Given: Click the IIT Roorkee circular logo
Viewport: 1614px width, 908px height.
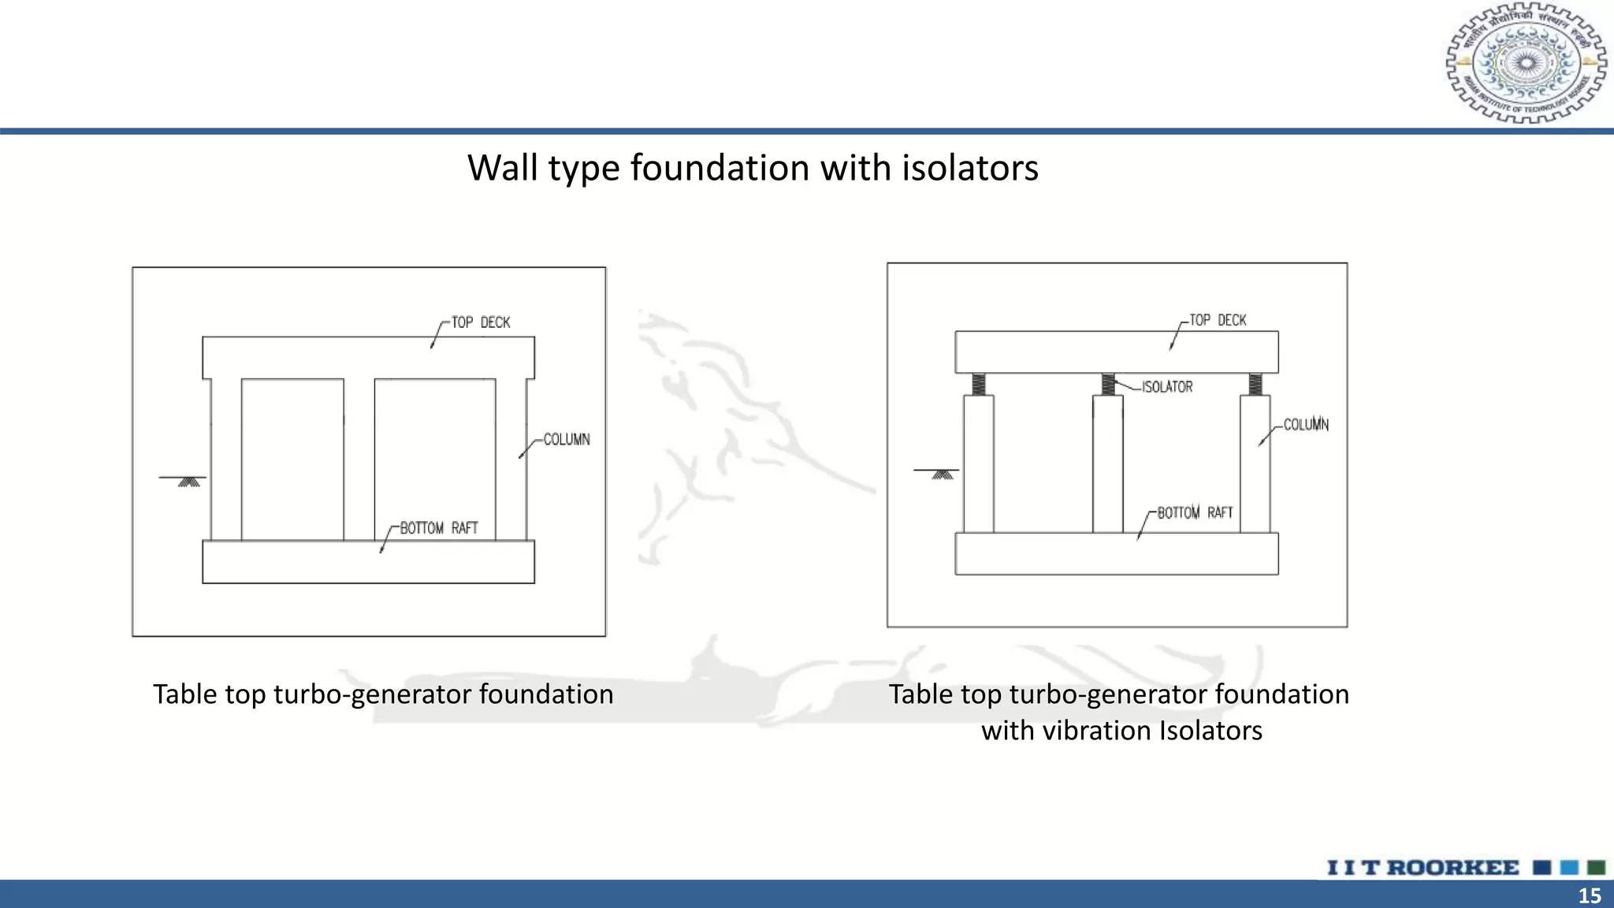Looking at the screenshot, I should click(1526, 63).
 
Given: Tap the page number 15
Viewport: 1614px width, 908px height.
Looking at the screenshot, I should click(1590, 895).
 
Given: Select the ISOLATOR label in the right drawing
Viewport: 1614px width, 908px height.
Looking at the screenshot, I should click(1167, 387).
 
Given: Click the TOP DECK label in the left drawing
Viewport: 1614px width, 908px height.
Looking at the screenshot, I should click(480, 322).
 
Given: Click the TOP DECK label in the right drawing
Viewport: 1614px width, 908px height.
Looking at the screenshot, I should click(1218, 320).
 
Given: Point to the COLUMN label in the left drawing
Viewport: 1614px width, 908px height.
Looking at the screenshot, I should click(566, 440).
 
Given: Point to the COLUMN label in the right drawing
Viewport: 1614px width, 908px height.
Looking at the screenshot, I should click(1306, 425).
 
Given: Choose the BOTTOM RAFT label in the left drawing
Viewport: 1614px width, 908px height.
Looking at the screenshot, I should click(439, 528).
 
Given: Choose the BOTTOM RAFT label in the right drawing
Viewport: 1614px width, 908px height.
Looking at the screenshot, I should click(1195, 513).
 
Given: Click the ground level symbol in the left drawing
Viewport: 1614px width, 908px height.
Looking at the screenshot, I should click(188, 481).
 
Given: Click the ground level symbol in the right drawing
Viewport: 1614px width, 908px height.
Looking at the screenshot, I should click(941, 474).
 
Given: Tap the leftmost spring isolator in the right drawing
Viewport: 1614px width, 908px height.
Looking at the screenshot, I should click(978, 384).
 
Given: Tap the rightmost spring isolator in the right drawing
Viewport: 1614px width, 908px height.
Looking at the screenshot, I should click(1255, 384).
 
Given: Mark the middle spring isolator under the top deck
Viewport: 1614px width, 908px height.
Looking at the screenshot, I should click(1108, 384).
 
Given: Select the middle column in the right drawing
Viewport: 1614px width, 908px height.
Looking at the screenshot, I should click(1107, 465).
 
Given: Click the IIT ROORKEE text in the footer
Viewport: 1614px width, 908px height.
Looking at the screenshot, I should click(1422, 868).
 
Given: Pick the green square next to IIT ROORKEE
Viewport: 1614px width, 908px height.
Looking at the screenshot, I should click(1596, 868).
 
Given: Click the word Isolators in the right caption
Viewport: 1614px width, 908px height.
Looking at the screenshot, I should click(1210, 731).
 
